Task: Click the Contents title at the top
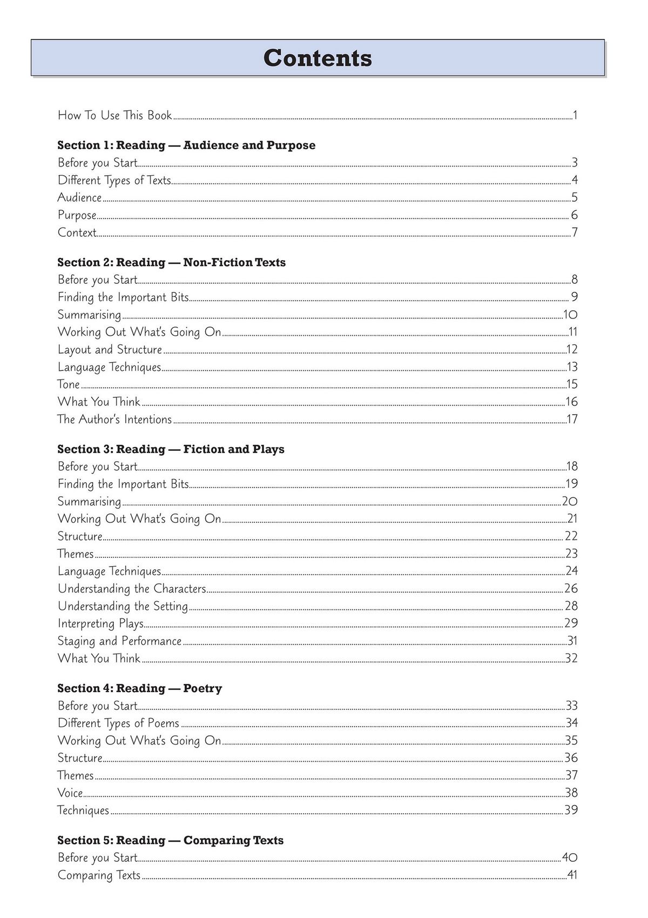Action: click(318, 58)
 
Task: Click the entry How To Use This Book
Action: click(114, 115)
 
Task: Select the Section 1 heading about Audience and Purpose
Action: click(186, 145)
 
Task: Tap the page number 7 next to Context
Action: click(575, 232)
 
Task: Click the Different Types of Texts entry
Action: click(114, 180)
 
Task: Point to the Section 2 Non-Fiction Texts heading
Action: click(172, 262)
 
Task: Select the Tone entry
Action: click(69, 384)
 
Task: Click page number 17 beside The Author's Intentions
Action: click(572, 419)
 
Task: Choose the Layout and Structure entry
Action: click(110, 349)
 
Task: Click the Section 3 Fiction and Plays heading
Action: click(171, 449)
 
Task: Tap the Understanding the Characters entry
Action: click(132, 588)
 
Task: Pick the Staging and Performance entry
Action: click(119, 641)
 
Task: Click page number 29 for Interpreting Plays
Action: click(571, 623)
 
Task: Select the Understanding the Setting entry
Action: click(123, 606)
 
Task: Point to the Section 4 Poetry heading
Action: click(139, 688)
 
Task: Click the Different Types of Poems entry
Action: click(118, 723)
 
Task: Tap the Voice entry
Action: click(70, 793)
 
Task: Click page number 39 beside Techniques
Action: click(571, 810)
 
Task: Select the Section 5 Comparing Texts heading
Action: click(170, 840)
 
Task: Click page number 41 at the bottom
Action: click(572, 875)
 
